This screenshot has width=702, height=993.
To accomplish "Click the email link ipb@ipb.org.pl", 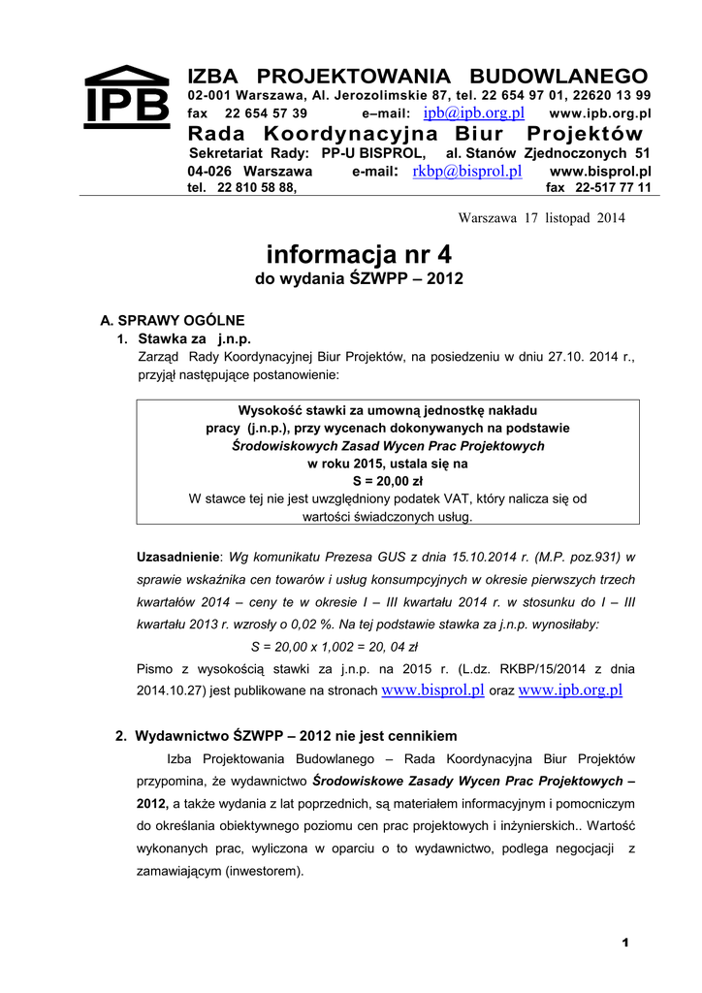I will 473,113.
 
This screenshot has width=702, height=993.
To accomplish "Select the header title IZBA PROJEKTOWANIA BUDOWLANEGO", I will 417,77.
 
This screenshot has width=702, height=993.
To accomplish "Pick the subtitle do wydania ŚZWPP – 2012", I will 359,279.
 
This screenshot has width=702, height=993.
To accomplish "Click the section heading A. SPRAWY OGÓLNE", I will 173,320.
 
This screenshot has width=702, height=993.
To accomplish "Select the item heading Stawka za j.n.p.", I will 194,339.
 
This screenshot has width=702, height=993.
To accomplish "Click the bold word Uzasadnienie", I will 178,558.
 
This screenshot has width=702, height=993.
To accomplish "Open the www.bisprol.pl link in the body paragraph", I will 433,690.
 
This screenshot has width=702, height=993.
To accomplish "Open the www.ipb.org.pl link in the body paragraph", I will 570,690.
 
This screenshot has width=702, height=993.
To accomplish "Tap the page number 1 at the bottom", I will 626,944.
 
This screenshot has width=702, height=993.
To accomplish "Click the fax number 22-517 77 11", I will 612,188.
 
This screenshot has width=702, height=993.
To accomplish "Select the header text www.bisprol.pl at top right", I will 599,172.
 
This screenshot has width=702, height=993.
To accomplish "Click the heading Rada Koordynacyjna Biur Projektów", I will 415,134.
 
